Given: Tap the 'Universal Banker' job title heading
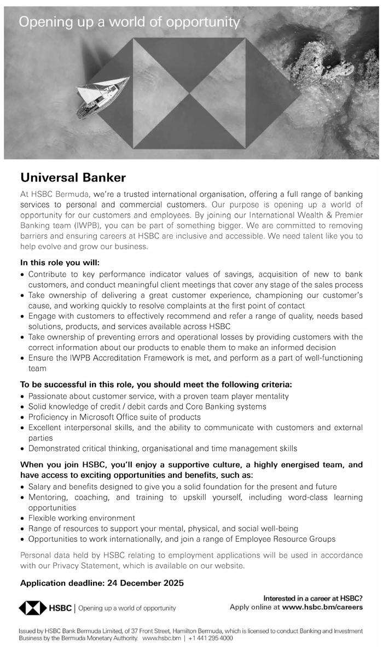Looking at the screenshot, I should point(73,177).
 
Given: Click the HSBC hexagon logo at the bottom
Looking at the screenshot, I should point(34,607).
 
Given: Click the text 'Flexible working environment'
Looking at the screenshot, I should point(82,518).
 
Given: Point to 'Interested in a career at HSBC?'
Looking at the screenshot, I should point(313,598).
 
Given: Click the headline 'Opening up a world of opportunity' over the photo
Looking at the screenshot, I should point(129,22).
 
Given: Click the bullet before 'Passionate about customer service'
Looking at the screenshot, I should point(22,396).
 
